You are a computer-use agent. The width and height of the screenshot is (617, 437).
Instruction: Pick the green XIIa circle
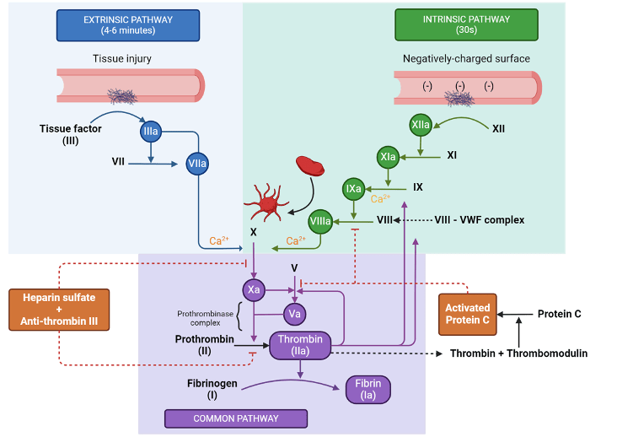(x=421, y=125)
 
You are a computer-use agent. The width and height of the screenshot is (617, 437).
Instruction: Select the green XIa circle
(x=389, y=157)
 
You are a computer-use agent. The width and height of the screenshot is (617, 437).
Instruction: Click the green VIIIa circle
(x=320, y=221)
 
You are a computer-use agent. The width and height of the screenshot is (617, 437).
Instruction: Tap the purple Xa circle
(x=254, y=290)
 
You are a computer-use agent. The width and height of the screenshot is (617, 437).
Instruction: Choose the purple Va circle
(x=294, y=314)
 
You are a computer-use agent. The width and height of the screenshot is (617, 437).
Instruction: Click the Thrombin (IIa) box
(x=301, y=346)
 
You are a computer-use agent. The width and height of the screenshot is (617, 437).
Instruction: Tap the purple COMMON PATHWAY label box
(x=235, y=418)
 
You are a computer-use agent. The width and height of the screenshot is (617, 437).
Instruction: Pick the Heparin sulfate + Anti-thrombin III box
(x=60, y=310)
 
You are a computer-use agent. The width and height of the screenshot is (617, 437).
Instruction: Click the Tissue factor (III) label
(x=71, y=134)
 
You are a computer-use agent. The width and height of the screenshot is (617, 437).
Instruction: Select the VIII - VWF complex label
(x=479, y=220)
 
